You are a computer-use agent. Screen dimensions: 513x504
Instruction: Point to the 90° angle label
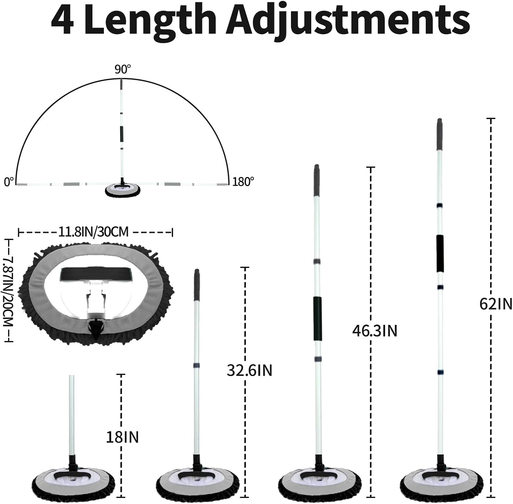(123, 70)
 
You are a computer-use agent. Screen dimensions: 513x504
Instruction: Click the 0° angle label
(9, 181)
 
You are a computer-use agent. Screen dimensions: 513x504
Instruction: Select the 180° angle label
(243, 181)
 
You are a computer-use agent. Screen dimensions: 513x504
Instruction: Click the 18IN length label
(122, 437)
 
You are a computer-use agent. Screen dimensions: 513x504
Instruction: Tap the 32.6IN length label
(249, 370)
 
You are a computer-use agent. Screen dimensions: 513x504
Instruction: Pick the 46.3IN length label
(375, 331)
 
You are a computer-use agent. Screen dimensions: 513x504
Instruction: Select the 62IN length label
(496, 303)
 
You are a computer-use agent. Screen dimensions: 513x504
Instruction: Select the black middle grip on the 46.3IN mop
(318, 318)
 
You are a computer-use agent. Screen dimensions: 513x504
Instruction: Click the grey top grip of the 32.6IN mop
(197, 285)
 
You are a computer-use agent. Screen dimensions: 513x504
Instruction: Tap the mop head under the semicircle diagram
(122, 190)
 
